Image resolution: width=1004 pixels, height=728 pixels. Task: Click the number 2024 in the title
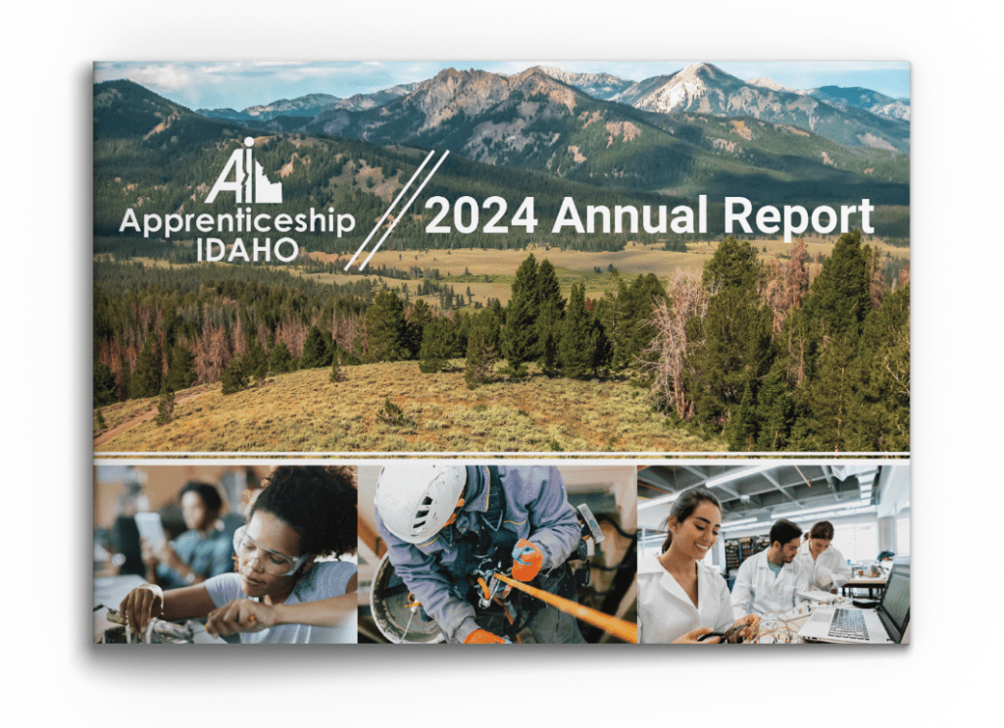click(x=480, y=216)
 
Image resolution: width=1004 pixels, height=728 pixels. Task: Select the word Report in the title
click(x=798, y=218)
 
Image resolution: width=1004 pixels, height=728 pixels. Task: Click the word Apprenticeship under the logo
click(x=237, y=222)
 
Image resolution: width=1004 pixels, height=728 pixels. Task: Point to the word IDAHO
click(x=247, y=250)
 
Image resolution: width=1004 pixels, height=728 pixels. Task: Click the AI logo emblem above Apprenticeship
click(x=243, y=170)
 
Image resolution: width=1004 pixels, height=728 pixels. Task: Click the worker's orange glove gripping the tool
click(x=527, y=559)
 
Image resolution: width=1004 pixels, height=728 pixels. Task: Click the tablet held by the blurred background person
click(x=149, y=529)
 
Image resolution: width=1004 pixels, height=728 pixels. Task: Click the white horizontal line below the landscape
click(x=501, y=455)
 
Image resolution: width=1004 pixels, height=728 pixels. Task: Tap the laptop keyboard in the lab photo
click(x=849, y=623)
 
